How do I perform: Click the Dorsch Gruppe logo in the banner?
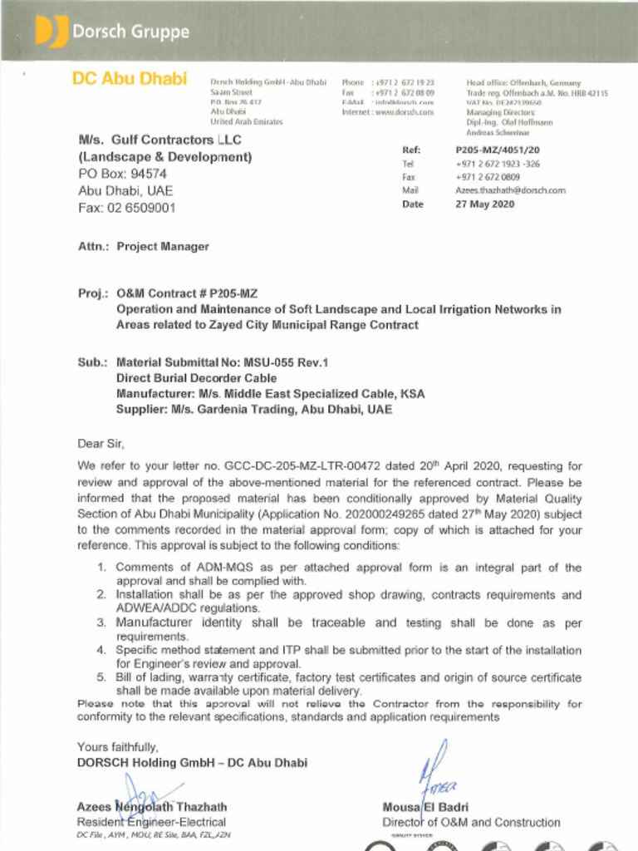coord(112,32)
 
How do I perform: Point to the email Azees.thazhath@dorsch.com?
coord(510,190)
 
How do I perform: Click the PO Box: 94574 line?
coord(122,174)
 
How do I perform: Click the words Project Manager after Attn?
coord(163,247)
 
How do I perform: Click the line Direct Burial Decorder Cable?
coord(196,378)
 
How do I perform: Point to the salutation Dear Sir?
coord(100,443)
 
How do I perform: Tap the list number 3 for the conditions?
coord(101,622)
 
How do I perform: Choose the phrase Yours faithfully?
coord(117,747)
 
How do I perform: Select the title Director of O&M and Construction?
coord(471,823)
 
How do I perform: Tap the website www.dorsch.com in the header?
coord(405,111)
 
